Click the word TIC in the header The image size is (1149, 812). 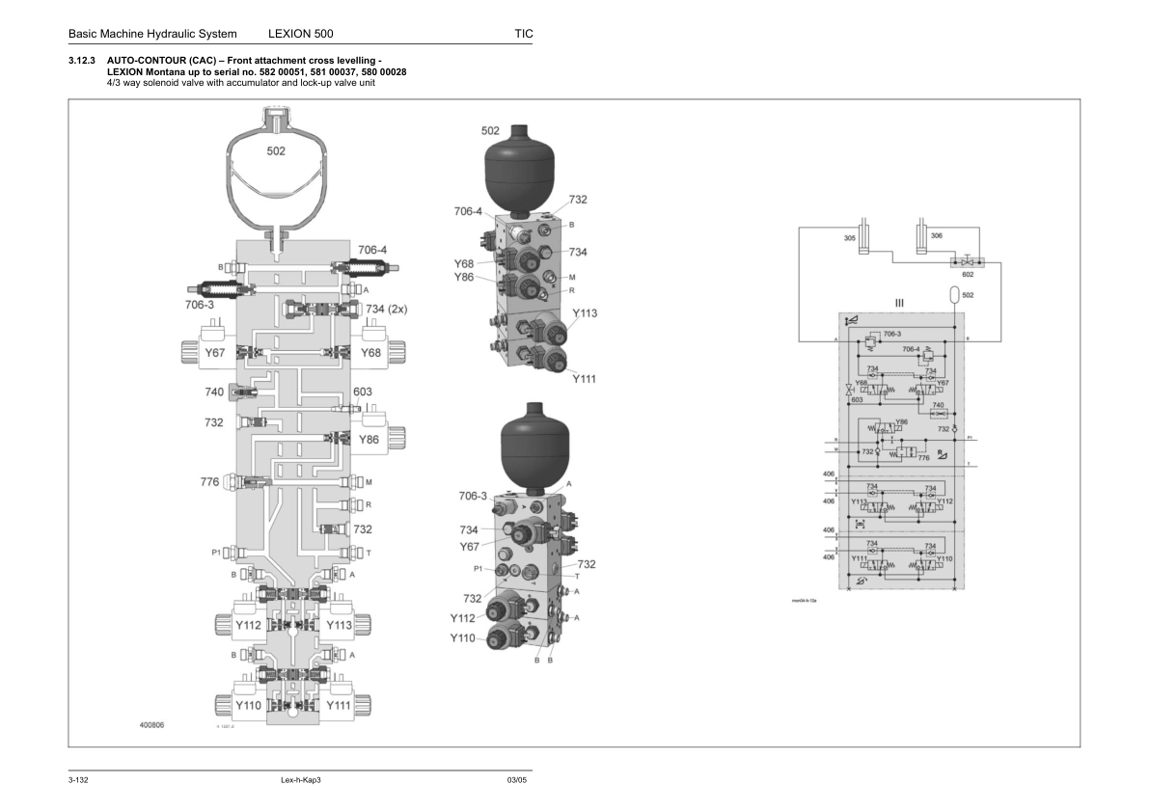(523, 34)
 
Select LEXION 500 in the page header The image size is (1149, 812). (301, 34)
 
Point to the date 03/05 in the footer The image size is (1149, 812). (516, 779)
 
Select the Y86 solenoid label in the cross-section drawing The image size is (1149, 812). (369, 439)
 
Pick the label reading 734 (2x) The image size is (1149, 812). (387, 309)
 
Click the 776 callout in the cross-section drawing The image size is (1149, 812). (210, 482)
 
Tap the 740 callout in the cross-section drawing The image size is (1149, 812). (214, 392)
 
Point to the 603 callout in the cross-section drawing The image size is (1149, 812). (362, 392)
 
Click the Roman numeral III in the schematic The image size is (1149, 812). (899, 303)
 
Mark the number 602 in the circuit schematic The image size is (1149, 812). (968, 274)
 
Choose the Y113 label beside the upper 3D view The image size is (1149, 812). (585, 313)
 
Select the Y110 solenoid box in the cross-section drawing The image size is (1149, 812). (249, 706)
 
